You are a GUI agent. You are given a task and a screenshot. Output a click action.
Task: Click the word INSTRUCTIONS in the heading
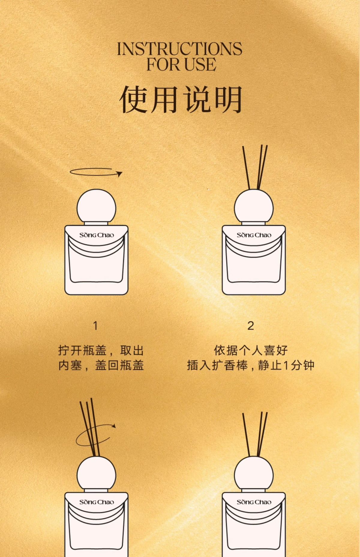pos(179,49)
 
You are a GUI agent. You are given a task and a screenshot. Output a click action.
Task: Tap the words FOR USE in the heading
pos(181,64)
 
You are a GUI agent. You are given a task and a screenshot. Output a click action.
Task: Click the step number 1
pos(95,326)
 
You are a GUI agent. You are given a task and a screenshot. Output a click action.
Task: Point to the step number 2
pos(251,326)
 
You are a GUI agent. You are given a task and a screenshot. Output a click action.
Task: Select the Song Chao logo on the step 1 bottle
pos(97,235)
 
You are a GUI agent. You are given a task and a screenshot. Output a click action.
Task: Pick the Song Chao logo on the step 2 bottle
pos(254,235)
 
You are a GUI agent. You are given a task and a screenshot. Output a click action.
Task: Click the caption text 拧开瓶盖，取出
pos(101,350)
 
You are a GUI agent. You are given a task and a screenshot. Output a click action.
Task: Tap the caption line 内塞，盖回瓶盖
pos(101,365)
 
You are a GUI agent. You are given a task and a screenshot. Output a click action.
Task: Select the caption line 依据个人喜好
pos(251,350)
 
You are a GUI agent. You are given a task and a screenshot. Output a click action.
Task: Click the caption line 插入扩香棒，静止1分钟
pos(251,365)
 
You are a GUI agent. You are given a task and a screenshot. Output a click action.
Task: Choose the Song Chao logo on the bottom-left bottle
pos(97,502)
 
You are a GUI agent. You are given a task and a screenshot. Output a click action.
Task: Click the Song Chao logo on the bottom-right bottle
pos(254,502)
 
